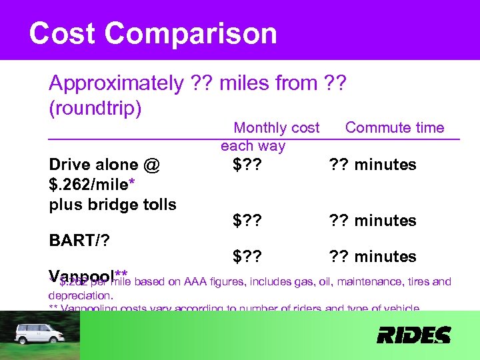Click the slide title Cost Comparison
tap(153, 33)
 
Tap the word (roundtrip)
tap(95, 108)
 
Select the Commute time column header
tap(394, 127)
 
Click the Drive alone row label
tap(104, 165)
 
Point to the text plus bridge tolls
tap(113, 204)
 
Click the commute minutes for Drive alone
tap(371, 165)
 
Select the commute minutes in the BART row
tap(371, 221)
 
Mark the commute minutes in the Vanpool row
tap(371, 257)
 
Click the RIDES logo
tap(413, 335)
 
